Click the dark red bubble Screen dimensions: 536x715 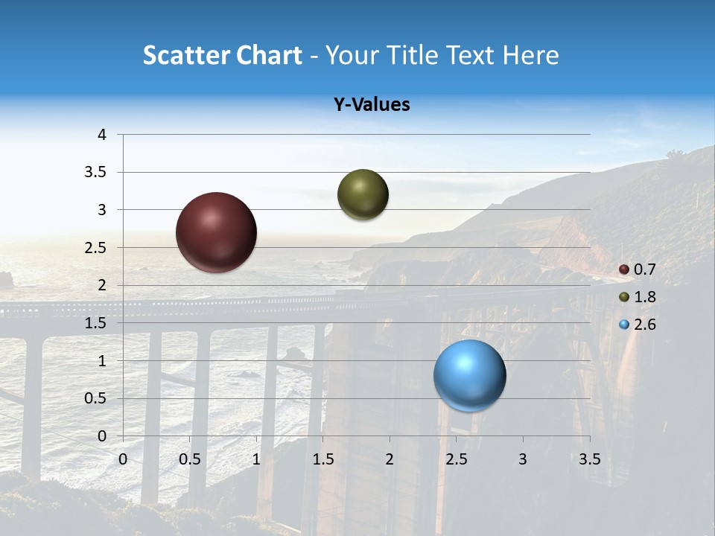(216, 232)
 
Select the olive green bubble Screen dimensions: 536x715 (363, 195)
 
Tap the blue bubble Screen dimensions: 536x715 (469, 375)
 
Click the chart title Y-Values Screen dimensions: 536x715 (372, 105)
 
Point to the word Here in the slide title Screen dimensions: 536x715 (530, 54)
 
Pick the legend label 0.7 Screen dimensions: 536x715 (644, 269)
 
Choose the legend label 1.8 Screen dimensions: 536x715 (644, 297)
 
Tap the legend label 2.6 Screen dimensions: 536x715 (644, 325)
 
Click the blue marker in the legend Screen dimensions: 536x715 (624, 325)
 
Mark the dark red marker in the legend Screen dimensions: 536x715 (624, 269)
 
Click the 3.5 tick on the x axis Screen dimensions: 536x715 (590, 459)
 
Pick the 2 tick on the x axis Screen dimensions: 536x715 (390, 459)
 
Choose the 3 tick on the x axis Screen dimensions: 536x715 (523, 459)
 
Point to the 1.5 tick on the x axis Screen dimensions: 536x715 (323, 459)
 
